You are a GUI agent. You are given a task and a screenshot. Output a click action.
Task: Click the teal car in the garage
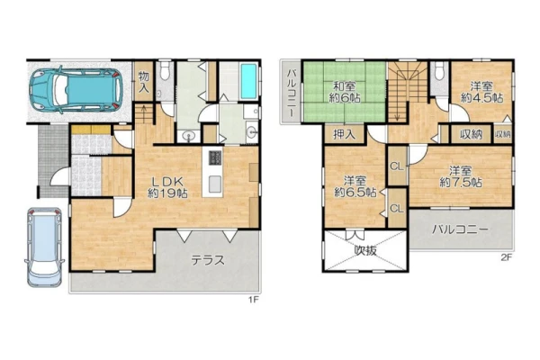(x=76, y=90)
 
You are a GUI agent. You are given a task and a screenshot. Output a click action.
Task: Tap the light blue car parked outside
(x=44, y=247)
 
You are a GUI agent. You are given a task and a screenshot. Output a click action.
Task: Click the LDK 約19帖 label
(x=167, y=187)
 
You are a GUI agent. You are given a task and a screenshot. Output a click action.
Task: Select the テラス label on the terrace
(x=208, y=260)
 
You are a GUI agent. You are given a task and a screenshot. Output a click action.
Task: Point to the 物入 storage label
(x=144, y=82)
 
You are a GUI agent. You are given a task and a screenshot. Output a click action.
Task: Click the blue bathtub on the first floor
(x=249, y=81)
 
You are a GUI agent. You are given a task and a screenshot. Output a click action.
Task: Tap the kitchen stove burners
(x=215, y=157)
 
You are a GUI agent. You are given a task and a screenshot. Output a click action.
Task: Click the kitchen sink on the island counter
(x=215, y=184)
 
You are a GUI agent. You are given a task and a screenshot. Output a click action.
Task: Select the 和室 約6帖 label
(x=345, y=92)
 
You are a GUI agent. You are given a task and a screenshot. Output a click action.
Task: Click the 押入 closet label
(x=344, y=134)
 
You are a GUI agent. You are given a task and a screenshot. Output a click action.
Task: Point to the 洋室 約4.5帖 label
(x=481, y=92)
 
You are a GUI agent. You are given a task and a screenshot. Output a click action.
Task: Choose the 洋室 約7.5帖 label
(x=461, y=176)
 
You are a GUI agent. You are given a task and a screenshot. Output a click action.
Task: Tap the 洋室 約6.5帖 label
(x=355, y=186)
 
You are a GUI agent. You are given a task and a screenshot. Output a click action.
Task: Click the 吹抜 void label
(x=365, y=250)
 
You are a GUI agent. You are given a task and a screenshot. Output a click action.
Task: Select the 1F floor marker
(x=254, y=300)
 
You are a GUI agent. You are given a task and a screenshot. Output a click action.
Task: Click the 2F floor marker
(x=507, y=257)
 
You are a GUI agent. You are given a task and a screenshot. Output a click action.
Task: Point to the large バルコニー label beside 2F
(x=460, y=229)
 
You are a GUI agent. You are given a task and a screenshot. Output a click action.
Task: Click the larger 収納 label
(x=471, y=134)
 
